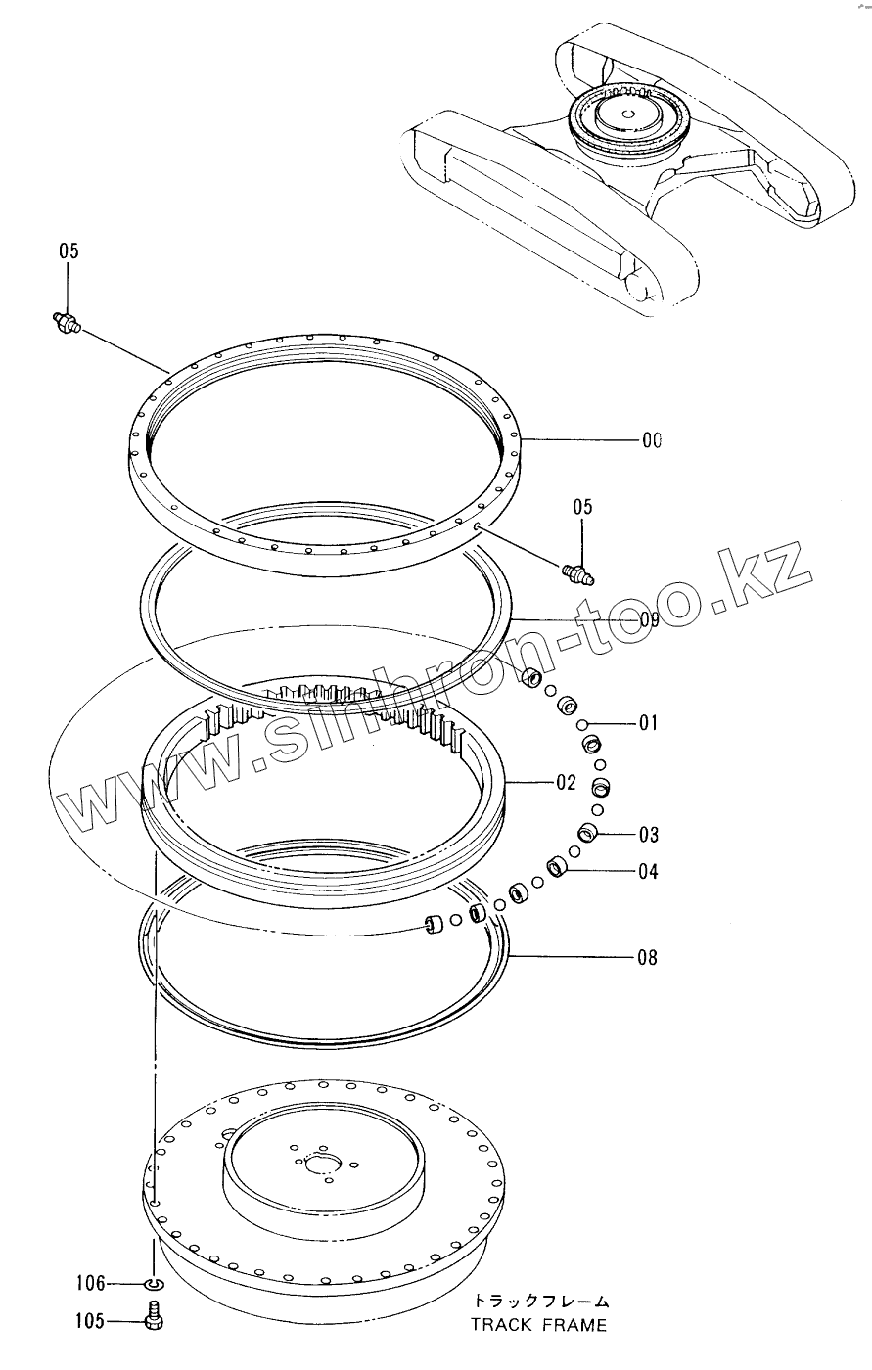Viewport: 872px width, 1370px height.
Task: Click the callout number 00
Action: [652, 441]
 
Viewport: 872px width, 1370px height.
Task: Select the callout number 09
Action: [649, 619]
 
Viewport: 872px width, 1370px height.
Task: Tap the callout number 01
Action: [649, 724]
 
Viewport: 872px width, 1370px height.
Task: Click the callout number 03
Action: [648, 835]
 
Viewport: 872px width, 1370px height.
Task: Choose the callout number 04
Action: [648, 871]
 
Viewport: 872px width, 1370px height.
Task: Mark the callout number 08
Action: [647, 958]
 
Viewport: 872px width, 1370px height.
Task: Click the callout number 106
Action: [90, 1283]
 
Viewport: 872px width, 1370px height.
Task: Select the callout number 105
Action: [90, 1322]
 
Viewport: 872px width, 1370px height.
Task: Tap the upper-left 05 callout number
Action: [68, 251]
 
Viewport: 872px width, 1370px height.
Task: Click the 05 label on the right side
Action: [582, 507]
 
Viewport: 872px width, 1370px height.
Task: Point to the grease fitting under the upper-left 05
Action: [65, 322]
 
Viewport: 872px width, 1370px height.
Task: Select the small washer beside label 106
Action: [154, 1283]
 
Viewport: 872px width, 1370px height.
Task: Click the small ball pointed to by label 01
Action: [582, 725]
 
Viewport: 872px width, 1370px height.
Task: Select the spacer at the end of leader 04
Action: [557, 866]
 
